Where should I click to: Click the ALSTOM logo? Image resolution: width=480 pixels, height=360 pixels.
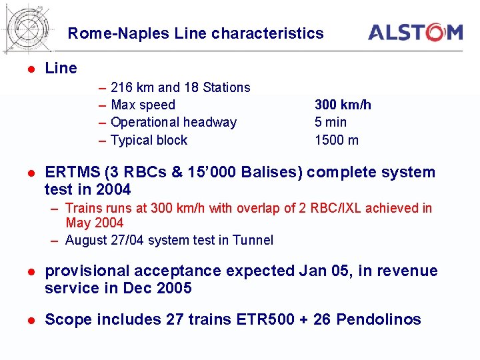[415, 32]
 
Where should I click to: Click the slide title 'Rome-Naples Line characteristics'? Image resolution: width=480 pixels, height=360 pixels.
[195, 33]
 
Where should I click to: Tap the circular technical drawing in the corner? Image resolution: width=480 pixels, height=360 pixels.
[28, 28]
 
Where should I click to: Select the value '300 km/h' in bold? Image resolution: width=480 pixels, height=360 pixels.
[343, 105]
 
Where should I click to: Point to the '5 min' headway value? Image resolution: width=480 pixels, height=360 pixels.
[331, 122]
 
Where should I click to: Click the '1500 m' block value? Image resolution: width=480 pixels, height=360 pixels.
[337, 140]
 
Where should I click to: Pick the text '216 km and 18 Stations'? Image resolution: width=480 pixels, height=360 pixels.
[180, 87]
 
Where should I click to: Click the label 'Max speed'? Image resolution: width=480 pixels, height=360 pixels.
[143, 105]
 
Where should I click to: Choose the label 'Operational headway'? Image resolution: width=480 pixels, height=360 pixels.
[173, 122]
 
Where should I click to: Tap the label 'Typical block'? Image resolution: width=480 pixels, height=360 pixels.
[149, 140]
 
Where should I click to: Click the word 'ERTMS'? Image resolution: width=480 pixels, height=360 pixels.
[70, 172]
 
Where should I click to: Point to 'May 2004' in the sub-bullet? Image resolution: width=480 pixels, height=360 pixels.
[94, 223]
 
